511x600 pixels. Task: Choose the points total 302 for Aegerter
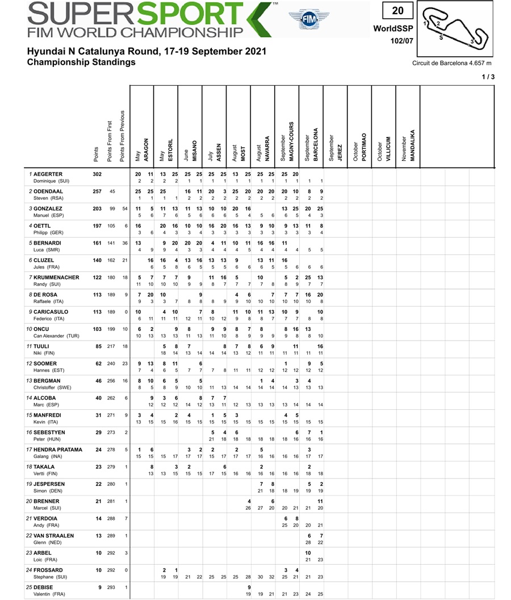(x=97, y=174)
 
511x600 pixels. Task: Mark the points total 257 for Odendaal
(x=97, y=191)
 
